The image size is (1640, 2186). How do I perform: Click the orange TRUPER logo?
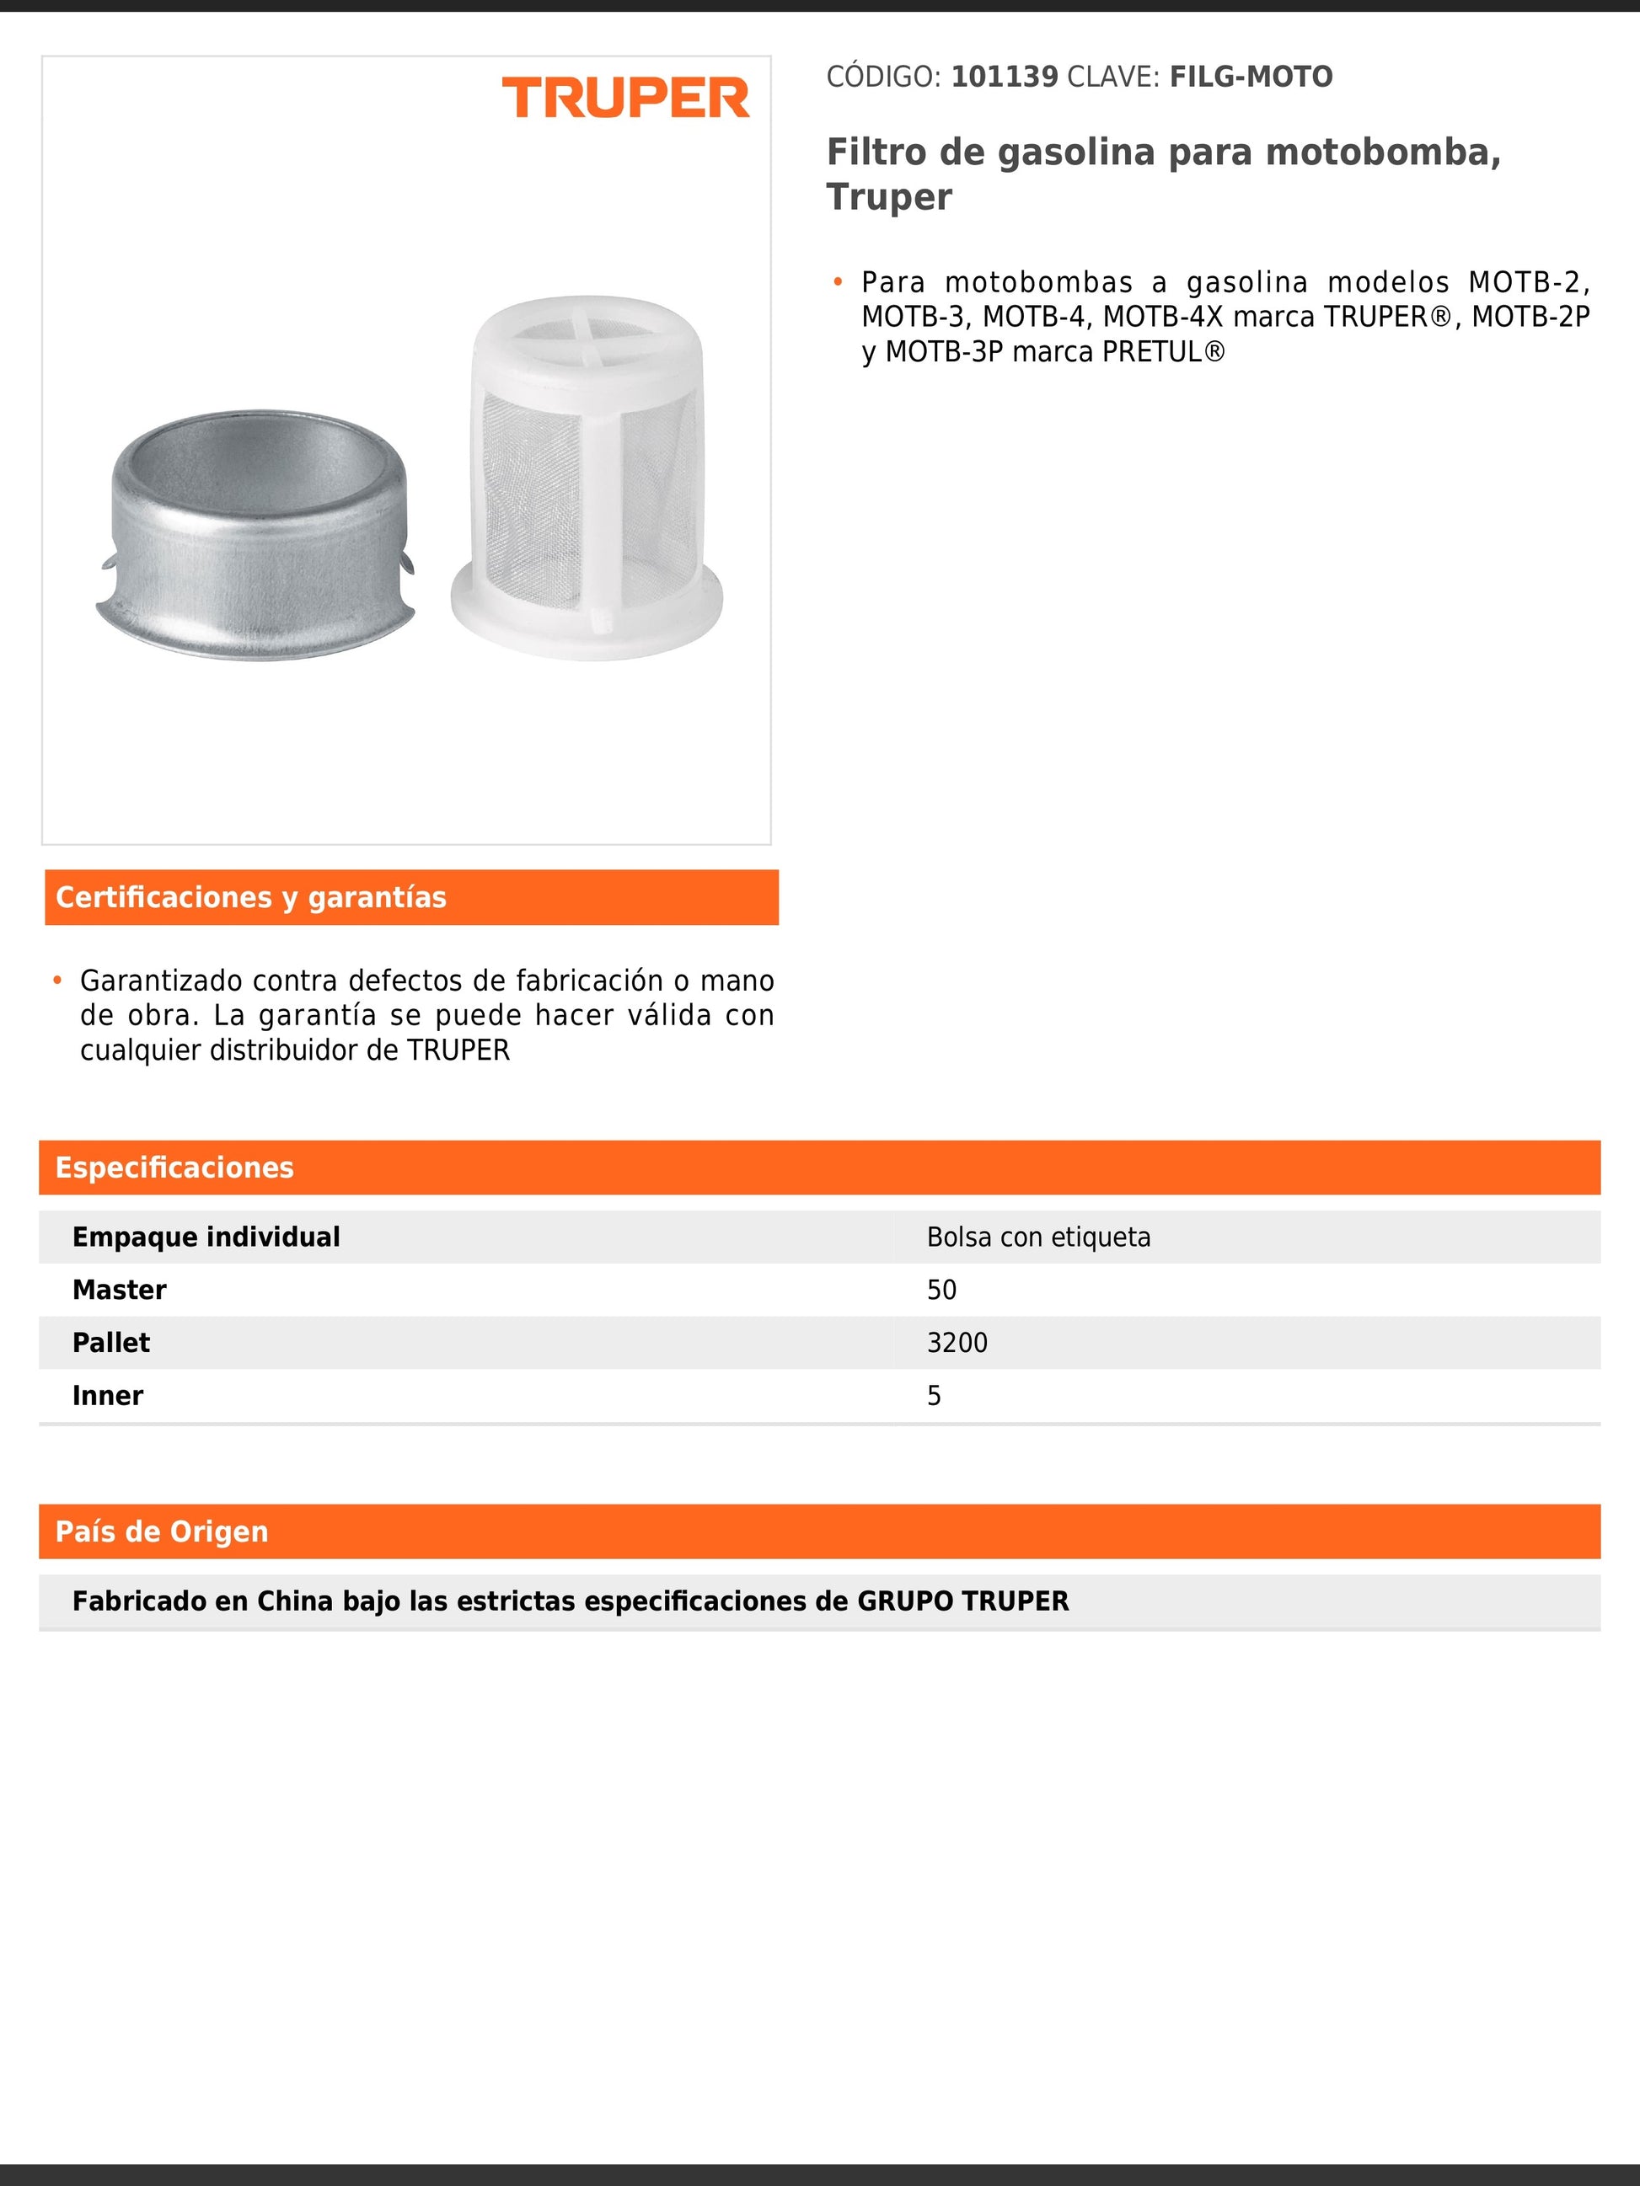[x=626, y=98]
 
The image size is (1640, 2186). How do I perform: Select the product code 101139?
[x=1005, y=77]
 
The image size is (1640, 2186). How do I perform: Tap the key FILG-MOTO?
[x=1251, y=77]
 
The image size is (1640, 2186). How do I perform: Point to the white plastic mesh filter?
[x=587, y=479]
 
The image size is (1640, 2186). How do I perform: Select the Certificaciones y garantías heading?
[x=251, y=897]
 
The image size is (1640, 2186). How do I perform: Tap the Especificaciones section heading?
[x=175, y=1167]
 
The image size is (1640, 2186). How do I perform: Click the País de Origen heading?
[x=162, y=1531]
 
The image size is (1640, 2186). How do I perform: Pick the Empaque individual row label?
[x=206, y=1237]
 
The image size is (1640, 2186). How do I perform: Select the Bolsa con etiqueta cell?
[x=1038, y=1237]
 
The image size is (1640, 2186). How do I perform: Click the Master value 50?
[x=941, y=1290]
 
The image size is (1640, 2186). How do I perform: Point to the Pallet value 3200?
[x=957, y=1343]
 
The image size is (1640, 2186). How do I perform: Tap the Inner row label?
[x=108, y=1395]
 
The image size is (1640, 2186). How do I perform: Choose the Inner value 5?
[x=934, y=1395]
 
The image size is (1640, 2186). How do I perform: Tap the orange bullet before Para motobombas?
[x=838, y=283]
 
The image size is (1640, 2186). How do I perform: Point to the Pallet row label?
[x=110, y=1343]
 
